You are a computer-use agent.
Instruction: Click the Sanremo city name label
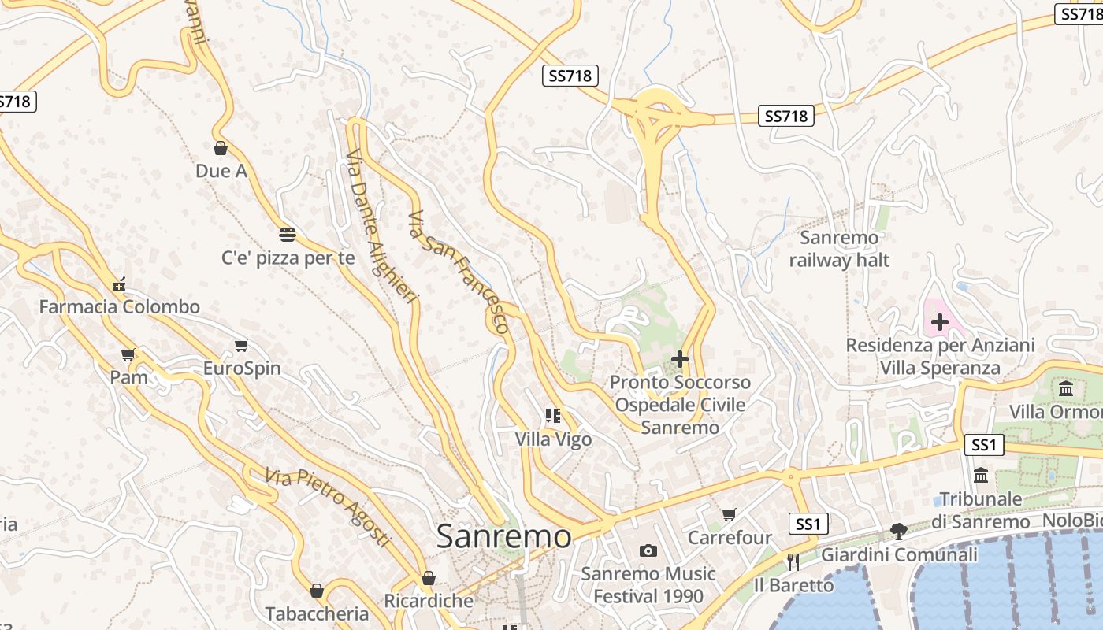click(503, 536)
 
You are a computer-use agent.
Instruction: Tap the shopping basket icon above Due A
click(221, 147)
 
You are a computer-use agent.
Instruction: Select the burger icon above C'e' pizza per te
click(288, 234)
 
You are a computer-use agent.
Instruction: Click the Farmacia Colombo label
click(120, 307)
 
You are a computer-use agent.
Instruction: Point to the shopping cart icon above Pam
click(128, 354)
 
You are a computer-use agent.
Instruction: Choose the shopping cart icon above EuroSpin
click(242, 345)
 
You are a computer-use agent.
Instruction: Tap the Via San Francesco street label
click(458, 270)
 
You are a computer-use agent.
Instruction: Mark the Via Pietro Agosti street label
click(328, 506)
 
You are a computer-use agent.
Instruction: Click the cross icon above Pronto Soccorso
click(680, 359)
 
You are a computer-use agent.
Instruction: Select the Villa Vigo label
click(553, 439)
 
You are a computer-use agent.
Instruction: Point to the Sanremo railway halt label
click(839, 249)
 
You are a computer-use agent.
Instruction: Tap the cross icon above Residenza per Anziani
click(939, 321)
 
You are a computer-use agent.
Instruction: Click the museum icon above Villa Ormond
click(1066, 388)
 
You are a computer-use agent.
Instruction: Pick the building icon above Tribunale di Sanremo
click(981, 475)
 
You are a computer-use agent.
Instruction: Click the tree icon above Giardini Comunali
click(898, 532)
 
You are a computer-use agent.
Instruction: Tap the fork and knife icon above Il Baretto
click(793, 561)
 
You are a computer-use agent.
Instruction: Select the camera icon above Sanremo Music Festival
click(648, 550)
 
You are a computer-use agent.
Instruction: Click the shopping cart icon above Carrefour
click(730, 514)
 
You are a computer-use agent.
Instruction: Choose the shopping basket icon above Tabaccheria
click(317, 590)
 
